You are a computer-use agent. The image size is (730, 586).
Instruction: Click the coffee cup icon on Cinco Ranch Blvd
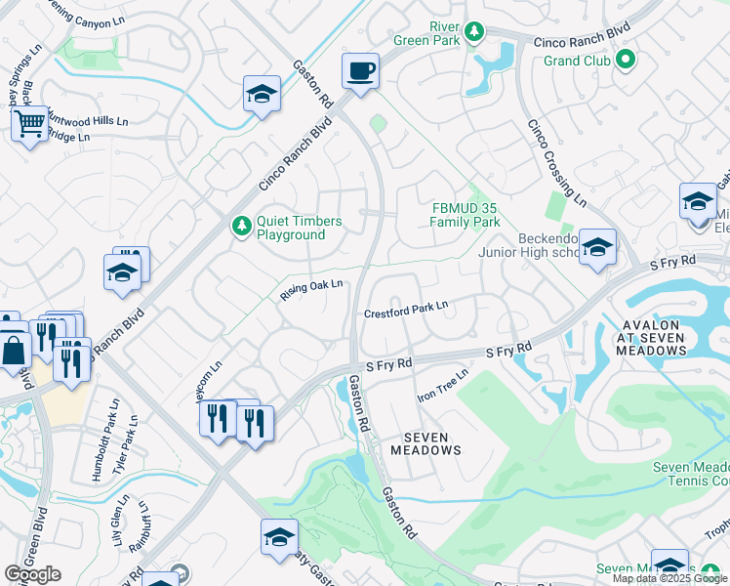(x=360, y=71)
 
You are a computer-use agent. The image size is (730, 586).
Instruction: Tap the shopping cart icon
(x=29, y=124)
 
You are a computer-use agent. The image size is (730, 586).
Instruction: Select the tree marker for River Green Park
(x=473, y=32)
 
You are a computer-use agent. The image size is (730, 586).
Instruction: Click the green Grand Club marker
(x=626, y=61)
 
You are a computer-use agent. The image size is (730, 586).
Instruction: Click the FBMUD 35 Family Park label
(x=466, y=215)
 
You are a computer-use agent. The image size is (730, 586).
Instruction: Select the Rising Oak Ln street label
(x=311, y=290)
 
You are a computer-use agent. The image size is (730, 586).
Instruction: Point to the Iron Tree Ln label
(x=443, y=385)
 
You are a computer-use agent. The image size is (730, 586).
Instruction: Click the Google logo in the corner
(x=33, y=574)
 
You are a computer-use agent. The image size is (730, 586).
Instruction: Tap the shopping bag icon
(x=15, y=350)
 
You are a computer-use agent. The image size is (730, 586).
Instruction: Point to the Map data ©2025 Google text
(x=669, y=578)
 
